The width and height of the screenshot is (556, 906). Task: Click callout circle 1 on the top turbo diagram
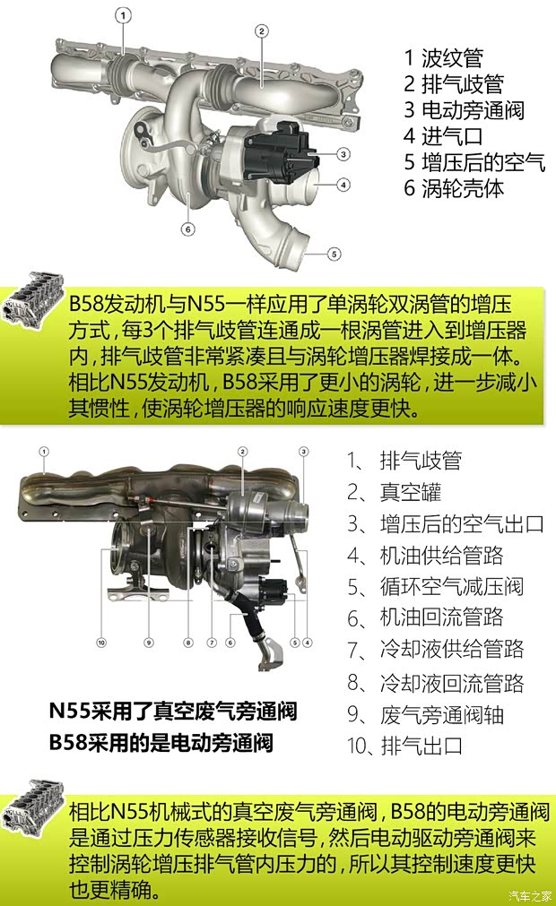tap(124, 14)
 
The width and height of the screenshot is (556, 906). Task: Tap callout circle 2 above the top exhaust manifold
tap(262, 31)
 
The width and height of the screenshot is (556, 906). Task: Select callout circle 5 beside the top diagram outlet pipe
tap(334, 254)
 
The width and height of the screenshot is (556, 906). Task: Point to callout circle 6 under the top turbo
tap(187, 229)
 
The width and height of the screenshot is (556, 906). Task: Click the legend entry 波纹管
tap(443, 59)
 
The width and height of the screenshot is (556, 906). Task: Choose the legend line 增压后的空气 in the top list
tap(473, 162)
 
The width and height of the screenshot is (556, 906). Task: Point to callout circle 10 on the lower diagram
tap(101, 642)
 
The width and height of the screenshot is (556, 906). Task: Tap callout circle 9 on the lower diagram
tap(149, 642)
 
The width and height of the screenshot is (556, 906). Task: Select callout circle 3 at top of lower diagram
tap(303, 451)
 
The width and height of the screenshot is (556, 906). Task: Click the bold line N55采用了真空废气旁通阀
tap(172, 712)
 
